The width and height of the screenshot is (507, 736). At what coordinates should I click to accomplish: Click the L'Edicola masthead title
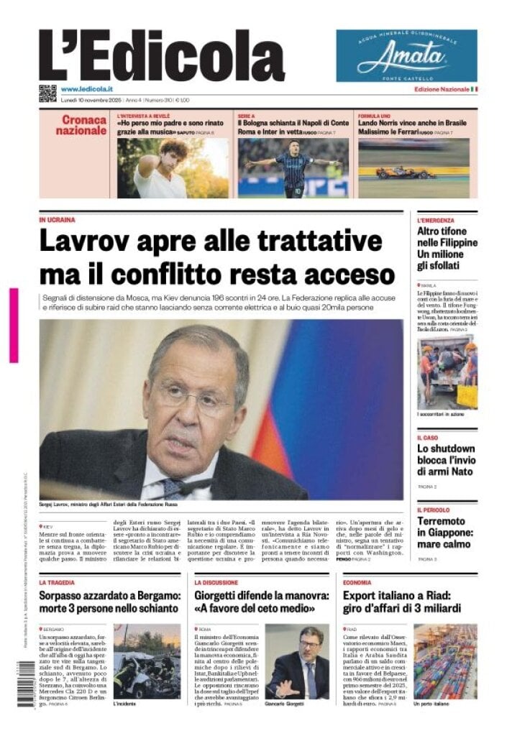[x=161, y=56]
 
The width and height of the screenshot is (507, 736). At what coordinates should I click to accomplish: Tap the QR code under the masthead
[x=47, y=93]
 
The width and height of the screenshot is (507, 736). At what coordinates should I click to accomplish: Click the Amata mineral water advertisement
[x=406, y=55]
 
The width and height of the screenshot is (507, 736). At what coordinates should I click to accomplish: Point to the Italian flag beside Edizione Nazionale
[x=474, y=89]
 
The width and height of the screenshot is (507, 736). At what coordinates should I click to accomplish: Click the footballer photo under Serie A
[x=294, y=168]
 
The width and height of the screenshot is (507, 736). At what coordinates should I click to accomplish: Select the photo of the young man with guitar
[x=172, y=168]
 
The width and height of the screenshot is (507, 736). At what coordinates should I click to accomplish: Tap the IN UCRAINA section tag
[x=57, y=220]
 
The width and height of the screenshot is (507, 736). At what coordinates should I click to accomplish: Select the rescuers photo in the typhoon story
[x=447, y=372]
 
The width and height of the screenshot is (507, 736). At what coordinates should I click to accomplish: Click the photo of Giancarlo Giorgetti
[x=297, y=661]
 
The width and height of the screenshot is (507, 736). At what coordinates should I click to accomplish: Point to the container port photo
[x=444, y=661]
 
